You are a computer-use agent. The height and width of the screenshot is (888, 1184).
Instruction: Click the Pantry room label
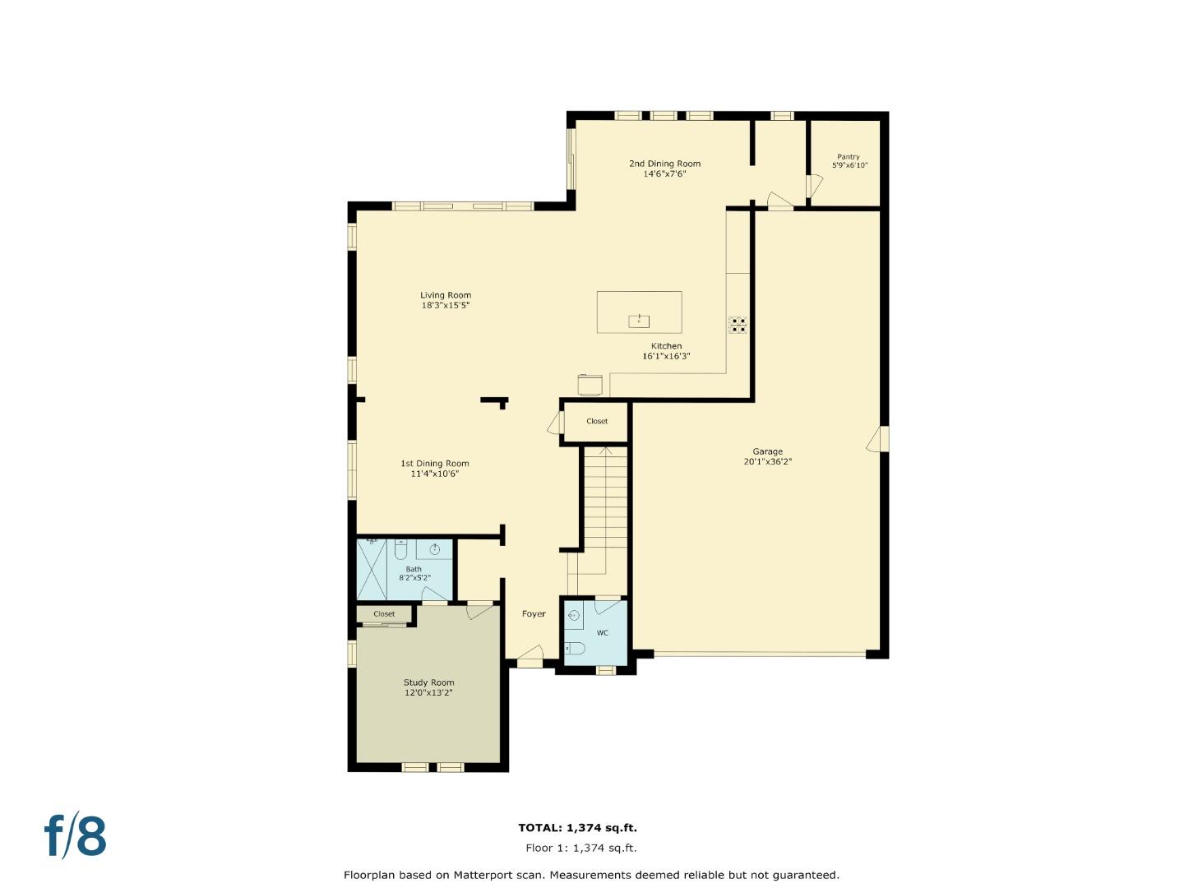tap(849, 156)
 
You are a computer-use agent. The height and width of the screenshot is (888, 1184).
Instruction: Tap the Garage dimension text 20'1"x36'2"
tap(767, 462)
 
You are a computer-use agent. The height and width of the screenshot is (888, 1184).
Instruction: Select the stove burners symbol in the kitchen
tap(738, 325)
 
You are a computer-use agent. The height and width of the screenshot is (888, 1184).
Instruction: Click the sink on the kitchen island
tap(639, 320)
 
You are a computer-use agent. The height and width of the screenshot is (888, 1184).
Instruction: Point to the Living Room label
tap(446, 295)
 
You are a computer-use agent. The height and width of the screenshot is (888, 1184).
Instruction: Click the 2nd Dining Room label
tap(664, 164)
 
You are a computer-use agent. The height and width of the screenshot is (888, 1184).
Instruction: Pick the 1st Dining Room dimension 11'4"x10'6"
tap(434, 474)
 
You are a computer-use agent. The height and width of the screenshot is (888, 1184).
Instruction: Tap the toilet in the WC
tap(575, 648)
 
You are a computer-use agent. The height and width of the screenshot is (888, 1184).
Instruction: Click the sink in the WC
tap(573, 615)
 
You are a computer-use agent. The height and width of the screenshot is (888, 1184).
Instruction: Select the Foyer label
tap(534, 614)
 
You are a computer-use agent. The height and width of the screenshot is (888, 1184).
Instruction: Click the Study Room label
tap(428, 682)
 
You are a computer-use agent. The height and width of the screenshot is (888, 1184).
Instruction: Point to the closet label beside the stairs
tap(597, 421)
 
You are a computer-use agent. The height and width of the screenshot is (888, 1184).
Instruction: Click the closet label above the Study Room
tap(384, 614)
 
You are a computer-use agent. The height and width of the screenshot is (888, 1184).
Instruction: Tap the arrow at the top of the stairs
tap(605, 450)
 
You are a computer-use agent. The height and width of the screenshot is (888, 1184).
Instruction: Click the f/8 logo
tap(76, 836)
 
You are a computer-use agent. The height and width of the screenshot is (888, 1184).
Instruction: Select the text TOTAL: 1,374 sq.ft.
tap(577, 828)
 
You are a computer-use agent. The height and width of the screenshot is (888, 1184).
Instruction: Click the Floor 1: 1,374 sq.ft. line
tap(580, 848)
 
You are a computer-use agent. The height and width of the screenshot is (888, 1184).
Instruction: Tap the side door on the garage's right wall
tap(877, 439)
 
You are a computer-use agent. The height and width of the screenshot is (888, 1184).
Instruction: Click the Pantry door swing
tap(812, 187)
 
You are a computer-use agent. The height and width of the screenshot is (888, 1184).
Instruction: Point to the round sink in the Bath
tap(435, 549)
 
